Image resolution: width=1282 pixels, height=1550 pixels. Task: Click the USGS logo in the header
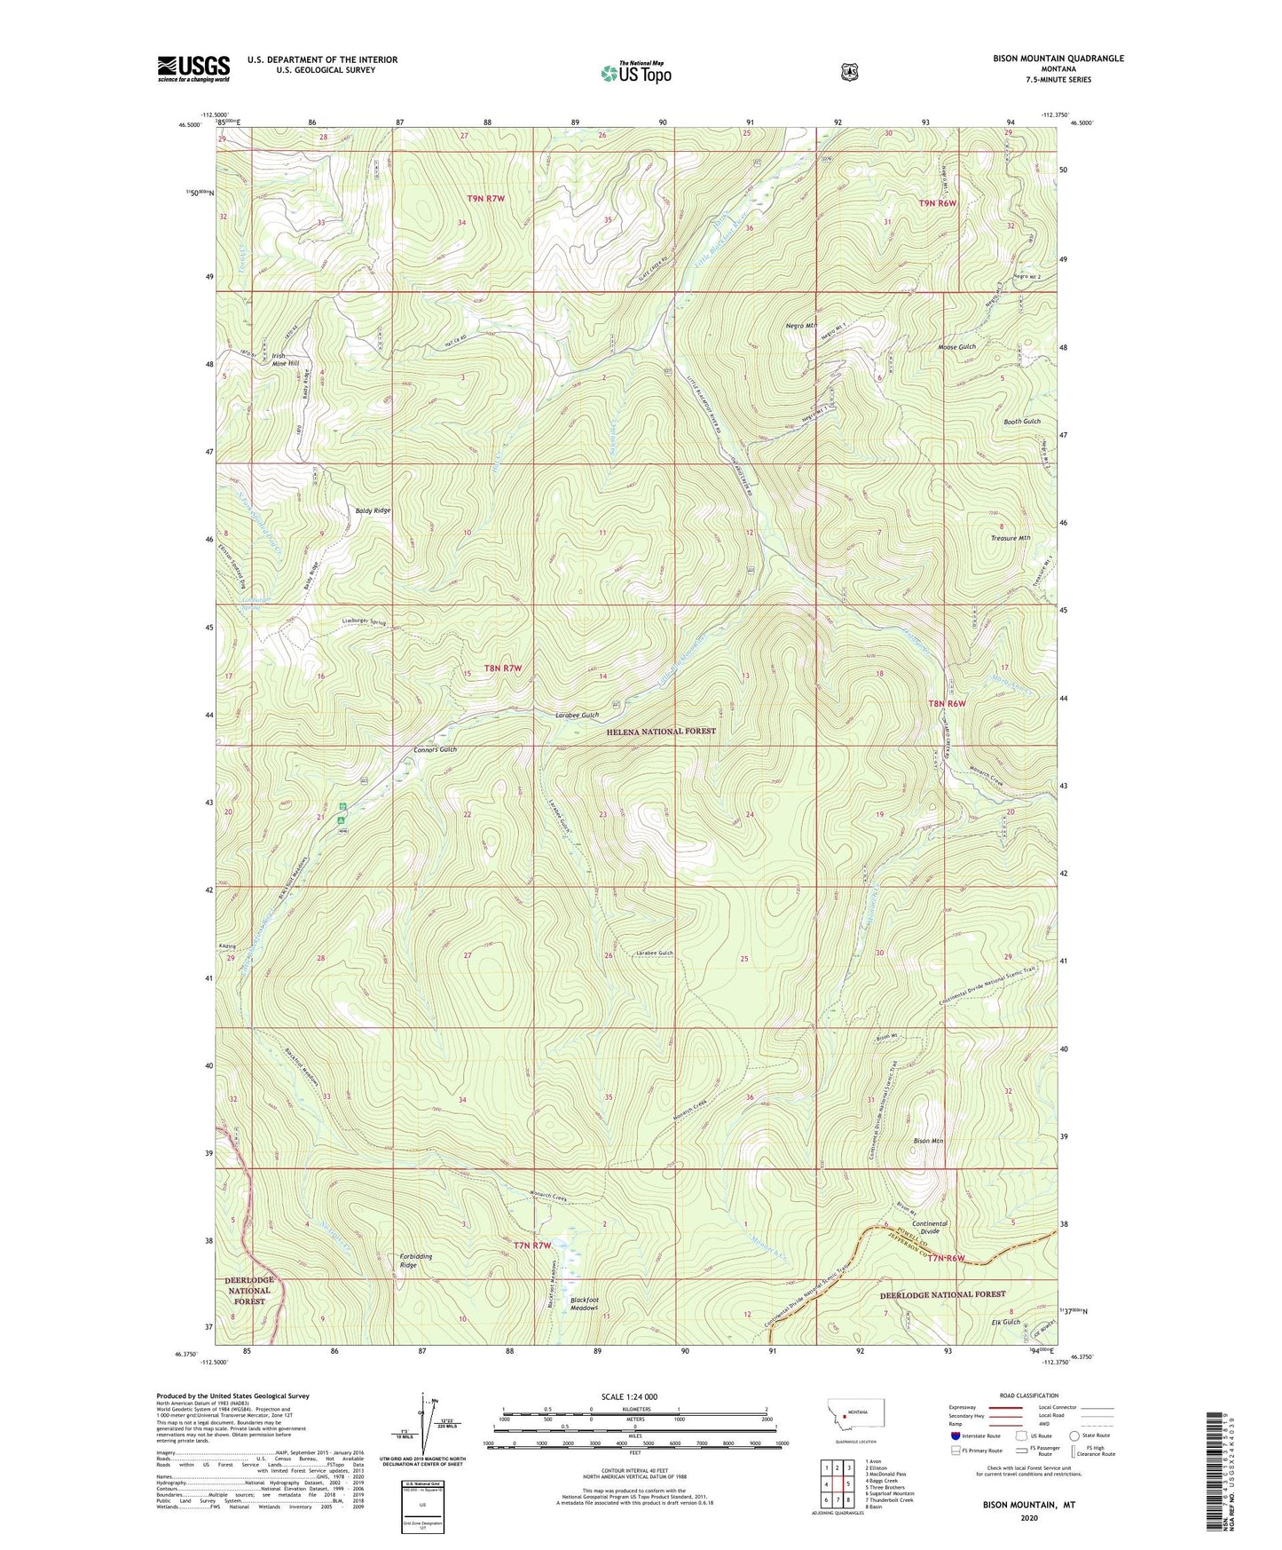tap(193, 68)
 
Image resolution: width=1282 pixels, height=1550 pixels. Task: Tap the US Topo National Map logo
tap(635, 73)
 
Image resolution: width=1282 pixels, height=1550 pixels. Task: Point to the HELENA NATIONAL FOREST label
tap(661, 732)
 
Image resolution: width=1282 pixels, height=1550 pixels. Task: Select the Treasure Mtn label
tap(1011, 538)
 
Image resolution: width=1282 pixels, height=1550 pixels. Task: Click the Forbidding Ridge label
tap(407, 1259)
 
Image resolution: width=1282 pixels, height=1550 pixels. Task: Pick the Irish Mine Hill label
tap(285, 360)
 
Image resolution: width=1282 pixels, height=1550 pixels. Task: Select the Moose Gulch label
tap(956, 347)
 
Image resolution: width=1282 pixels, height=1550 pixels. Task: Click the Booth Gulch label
tap(1022, 421)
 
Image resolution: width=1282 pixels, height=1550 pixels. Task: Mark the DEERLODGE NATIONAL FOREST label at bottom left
tap(249, 1291)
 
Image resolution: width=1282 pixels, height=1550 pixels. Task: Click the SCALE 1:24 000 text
tap(629, 1396)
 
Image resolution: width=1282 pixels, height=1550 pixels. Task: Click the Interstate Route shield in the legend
tap(955, 1435)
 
